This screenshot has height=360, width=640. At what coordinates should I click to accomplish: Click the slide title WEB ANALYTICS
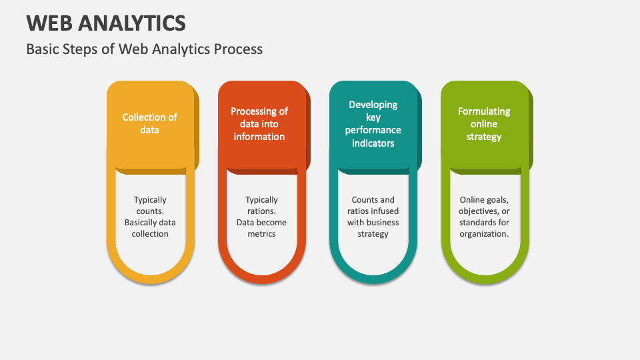(106, 23)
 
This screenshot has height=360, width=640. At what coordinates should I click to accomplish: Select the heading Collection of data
(149, 123)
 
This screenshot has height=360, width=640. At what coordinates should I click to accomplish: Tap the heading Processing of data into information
(259, 124)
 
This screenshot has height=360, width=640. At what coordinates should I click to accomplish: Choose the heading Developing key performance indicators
(373, 124)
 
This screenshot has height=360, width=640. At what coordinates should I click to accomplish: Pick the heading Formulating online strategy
(484, 124)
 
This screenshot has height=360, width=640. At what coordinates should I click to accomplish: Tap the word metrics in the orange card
(261, 234)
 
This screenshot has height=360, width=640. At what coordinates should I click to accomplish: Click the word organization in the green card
(484, 234)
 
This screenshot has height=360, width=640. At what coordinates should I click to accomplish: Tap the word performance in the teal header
(373, 130)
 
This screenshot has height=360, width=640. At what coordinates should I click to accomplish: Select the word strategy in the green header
(484, 137)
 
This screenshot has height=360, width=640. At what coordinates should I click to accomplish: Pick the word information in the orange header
(259, 137)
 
